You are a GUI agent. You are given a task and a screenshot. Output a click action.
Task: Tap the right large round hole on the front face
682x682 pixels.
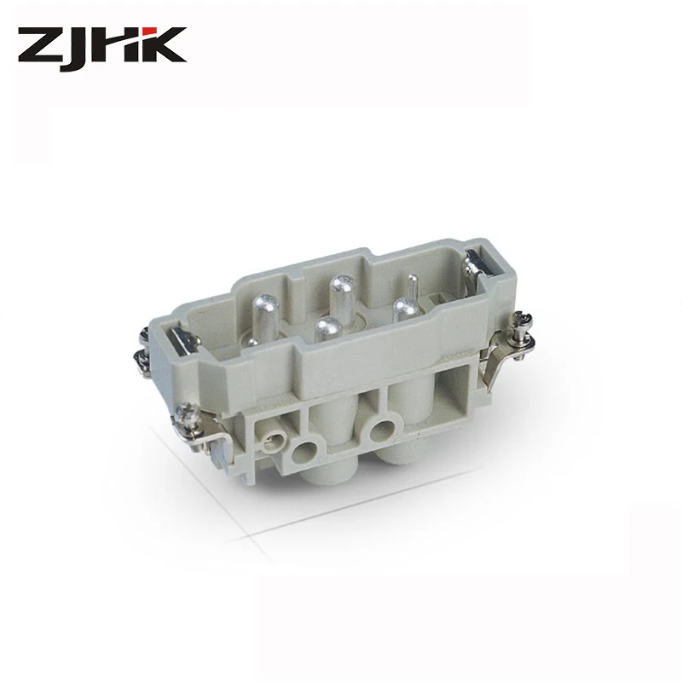click(382, 430)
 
